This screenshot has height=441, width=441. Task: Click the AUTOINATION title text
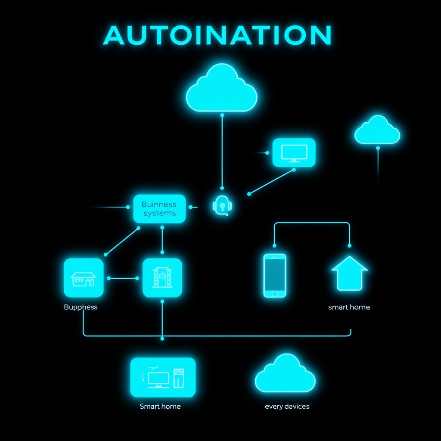pos(217,36)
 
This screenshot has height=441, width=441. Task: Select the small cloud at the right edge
pos(377,131)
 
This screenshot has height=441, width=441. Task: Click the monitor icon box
pos(294,152)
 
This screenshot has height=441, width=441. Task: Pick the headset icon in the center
pos(222,205)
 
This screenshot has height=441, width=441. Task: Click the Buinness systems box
pos(159,209)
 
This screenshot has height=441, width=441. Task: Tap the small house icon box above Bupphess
pos(84,278)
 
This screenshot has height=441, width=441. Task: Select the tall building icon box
pos(162,278)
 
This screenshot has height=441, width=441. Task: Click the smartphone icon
pos(275,276)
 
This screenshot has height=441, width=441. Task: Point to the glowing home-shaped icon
pos(349,274)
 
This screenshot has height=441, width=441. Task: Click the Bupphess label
pos(81,307)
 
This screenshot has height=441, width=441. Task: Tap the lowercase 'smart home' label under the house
pos(349,307)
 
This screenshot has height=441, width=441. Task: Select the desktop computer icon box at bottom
pos(163,377)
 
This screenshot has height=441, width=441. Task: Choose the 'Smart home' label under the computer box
pos(160,406)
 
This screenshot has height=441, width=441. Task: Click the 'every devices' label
pos(287,406)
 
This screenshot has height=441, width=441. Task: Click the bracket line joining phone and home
pos(312,223)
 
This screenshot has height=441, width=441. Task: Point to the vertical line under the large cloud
pos(222,151)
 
